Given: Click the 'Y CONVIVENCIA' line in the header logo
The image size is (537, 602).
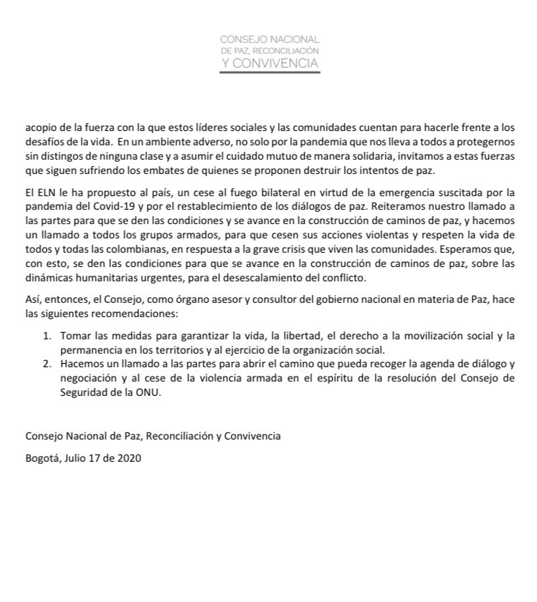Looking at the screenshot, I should [x=270, y=64].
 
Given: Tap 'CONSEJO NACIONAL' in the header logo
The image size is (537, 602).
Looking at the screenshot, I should [x=270, y=39].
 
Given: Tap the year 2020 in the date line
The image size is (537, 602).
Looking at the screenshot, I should [x=129, y=458].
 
